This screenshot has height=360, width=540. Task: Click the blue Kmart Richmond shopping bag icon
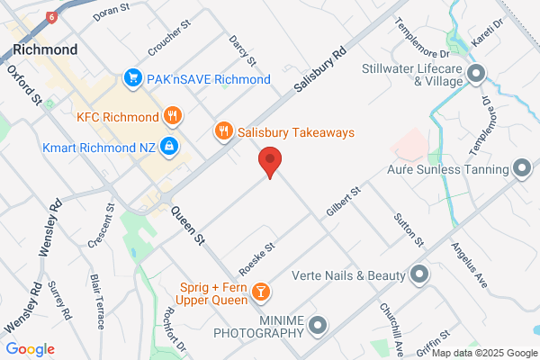pyautogui.click(x=168, y=146)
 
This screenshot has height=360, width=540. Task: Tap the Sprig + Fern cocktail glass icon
pyautogui.click(x=260, y=291)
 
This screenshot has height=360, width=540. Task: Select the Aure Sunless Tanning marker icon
pyautogui.click(x=520, y=168)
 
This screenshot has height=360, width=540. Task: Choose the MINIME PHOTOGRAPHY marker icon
pyautogui.click(x=316, y=325)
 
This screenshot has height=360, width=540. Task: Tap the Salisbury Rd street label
pyautogui.click(x=320, y=69)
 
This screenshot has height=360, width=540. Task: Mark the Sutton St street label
pyautogui.click(x=408, y=229)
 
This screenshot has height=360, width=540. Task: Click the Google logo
pyautogui.click(x=30, y=349)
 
